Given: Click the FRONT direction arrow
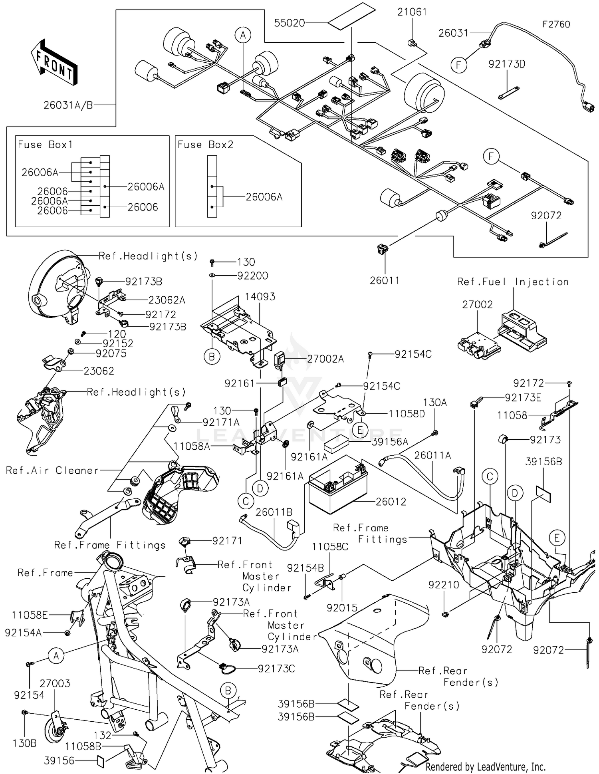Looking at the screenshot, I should tap(54, 62).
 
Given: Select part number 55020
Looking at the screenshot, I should tap(290, 23).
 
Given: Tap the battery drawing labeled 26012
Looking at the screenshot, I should tap(337, 491).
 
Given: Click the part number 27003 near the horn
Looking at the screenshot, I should tap(55, 683).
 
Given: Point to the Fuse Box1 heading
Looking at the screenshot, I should tap(45, 145).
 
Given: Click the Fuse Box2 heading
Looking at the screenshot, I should tap(205, 145).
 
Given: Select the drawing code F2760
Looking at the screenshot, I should tap(556, 24).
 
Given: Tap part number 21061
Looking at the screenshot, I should tap(412, 12).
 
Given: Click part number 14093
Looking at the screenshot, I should tap(260, 297).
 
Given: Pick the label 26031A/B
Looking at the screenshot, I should tap(68, 105).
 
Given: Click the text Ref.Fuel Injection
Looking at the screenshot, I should tap(513, 282).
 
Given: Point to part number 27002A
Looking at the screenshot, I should tap(325, 359).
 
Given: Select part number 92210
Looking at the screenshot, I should tap(444, 585).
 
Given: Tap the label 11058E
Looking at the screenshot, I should tap(30, 615).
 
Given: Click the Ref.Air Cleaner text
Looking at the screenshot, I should tap(52, 470).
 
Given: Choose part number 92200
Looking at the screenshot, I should tap(252, 276).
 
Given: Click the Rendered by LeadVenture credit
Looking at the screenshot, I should tap(485, 766).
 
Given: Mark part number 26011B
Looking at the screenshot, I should tap(274, 512).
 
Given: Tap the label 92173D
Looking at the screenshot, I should tap(506, 64).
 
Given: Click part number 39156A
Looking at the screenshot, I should tap(390, 442).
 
